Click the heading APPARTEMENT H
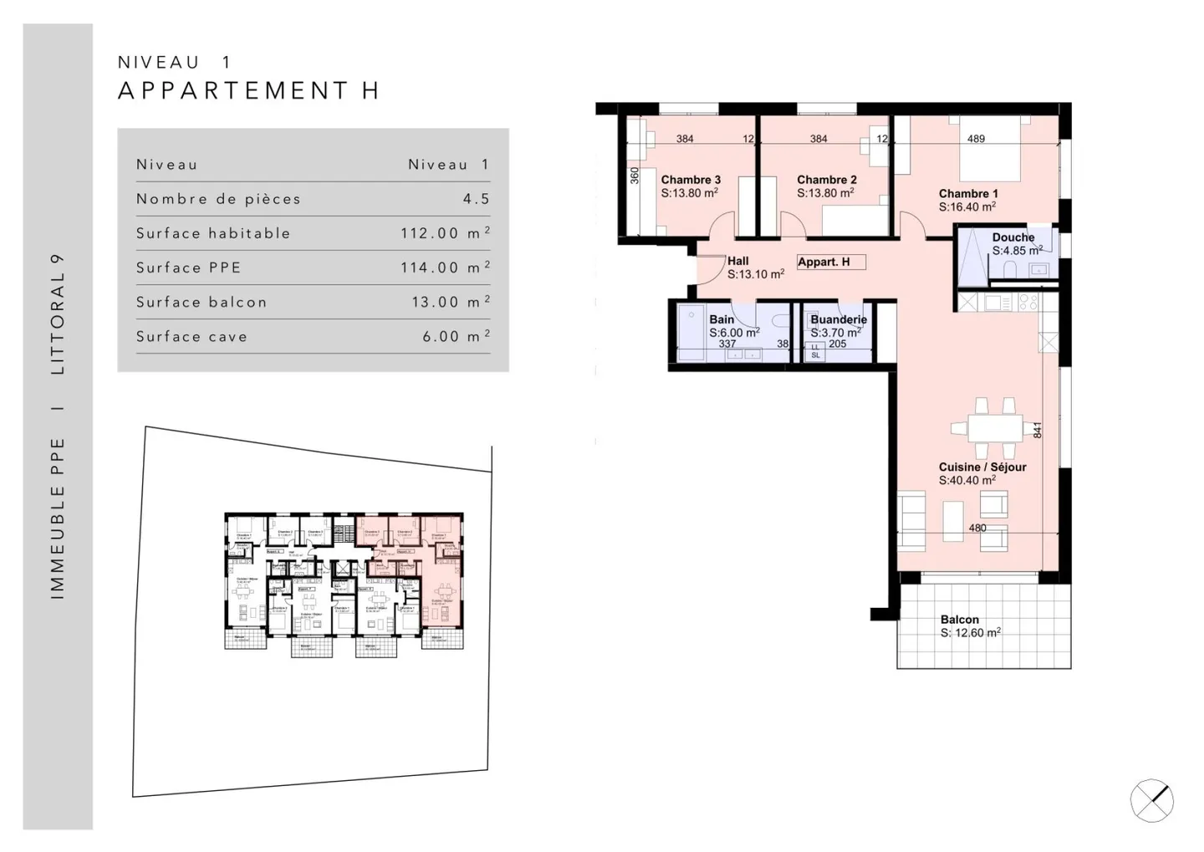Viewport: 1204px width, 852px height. click(249, 90)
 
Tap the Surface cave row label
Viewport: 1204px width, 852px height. click(192, 337)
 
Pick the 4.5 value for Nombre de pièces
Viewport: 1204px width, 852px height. click(476, 199)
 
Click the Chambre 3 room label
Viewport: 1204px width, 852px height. click(691, 180)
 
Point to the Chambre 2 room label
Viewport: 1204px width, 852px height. click(826, 180)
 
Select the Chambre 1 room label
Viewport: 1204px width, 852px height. click(968, 193)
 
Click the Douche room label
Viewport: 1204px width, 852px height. click(1013, 237)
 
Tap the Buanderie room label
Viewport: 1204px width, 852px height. click(838, 319)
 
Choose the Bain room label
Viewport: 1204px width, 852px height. click(722, 319)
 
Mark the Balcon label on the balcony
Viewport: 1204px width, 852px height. click(959, 620)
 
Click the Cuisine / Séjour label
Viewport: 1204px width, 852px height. click(982, 467)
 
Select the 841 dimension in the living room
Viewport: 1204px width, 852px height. click(1038, 430)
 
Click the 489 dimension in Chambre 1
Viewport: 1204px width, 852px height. click(976, 139)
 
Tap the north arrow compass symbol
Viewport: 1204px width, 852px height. click(1151, 800)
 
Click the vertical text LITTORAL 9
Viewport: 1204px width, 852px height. click(58, 314)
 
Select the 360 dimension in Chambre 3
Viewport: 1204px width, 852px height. click(635, 176)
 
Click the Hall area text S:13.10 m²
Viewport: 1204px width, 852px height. click(755, 274)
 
